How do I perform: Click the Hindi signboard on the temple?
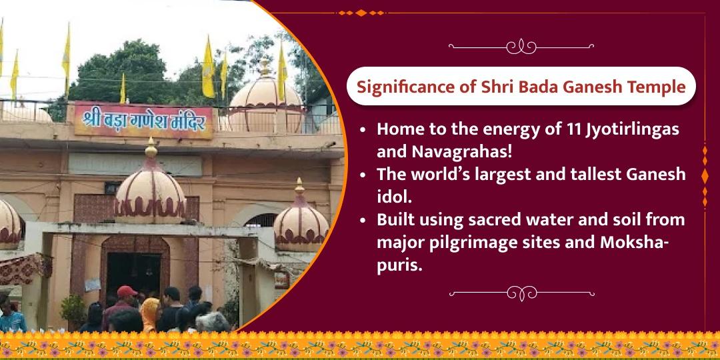pyautogui.click(x=143, y=120)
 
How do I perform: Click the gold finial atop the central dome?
pyautogui.click(x=151, y=148)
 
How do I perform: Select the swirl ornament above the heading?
pyautogui.click(x=521, y=47)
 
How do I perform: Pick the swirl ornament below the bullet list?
pyautogui.click(x=521, y=293)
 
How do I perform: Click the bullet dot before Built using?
pyautogui.click(x=363, y=221)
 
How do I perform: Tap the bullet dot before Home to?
pyautogui.click(x=363, y=130)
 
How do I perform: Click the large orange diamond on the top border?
pyautogui.click(x=361, y=13)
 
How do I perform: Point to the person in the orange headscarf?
pyautogui.click(x=150, y=315)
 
